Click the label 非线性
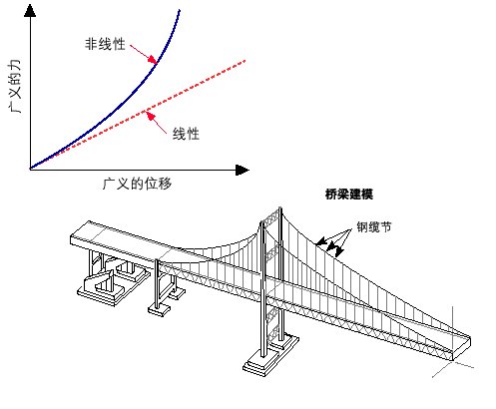pyautogui.click(x=105, y=44)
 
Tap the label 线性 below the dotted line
pyautogui.click(x=186, y=134)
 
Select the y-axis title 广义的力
pyautogui.click(x=15, y=86)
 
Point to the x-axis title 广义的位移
pyautogui.click(x=137, y=184)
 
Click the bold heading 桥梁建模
pyautogui.click(x=349, y=195)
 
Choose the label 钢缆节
pyautogui.click(x=374, y=227)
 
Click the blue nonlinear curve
pyautogui.click(x=127, y=97)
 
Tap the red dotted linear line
pyautogui.click(x=138, y=115)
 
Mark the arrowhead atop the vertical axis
pyautogui.click(x=30, y=11)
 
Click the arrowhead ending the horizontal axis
pyautogui.click(x=243, y=170)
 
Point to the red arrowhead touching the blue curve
pyautogui.click(x=153, y=60)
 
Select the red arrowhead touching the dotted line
pyautogui.click(x=151, y=117)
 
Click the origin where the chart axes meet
pyautogui.click(x=30, y=170)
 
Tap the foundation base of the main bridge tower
pyautogui.click(x=270, y=355)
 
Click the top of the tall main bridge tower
pyautogui.click(x=280, y=209)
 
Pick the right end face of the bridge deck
pyautogui.click(x=462, y=348)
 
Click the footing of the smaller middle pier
pyautogui.click(x=159, y=309)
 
